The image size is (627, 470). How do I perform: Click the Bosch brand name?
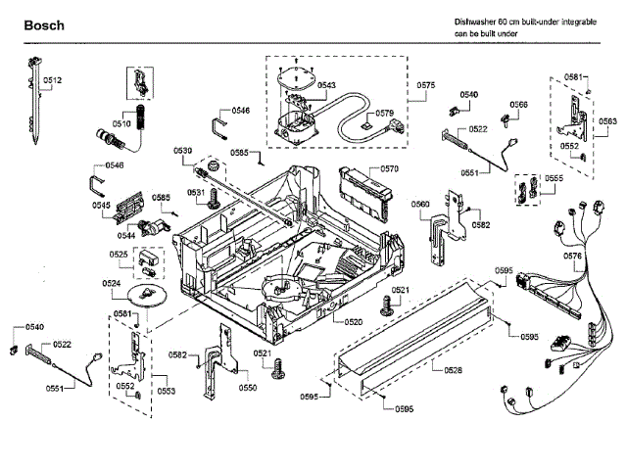coord(44,24)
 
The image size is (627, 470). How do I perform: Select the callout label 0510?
coord(121,124)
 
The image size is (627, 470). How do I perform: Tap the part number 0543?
coord(327,86)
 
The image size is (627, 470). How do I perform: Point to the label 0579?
coord(384,113)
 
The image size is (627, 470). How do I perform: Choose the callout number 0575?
coord(425,86)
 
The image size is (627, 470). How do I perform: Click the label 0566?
coord(518,105)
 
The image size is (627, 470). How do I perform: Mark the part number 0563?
coord(608,121)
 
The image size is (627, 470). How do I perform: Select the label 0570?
coord(389,169)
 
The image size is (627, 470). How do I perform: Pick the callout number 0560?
coord(420,204)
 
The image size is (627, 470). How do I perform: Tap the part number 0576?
coord(573,256)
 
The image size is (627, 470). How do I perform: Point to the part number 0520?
coord(354,321)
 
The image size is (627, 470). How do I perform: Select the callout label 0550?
coord(248,388)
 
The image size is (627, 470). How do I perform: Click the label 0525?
coord(119,255)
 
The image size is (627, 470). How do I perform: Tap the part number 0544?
coord(126,236)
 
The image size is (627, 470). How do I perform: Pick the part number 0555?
coord(555,179)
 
